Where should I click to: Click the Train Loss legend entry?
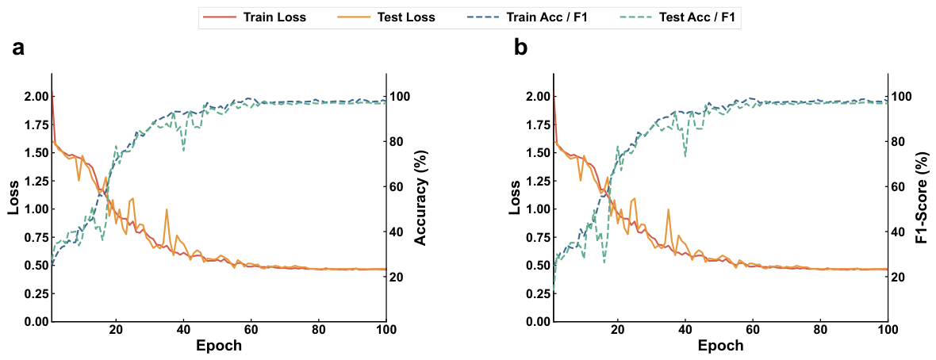255,17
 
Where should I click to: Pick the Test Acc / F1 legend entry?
677,17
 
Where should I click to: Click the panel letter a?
18,48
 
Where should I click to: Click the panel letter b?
520,47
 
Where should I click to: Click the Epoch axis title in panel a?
219,346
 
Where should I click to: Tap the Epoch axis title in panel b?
721,346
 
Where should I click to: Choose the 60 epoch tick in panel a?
251,330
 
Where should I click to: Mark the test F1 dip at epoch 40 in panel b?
685,156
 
